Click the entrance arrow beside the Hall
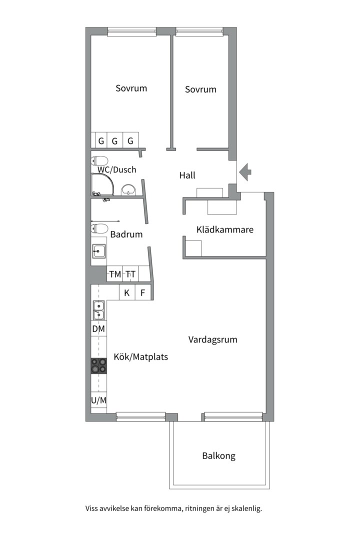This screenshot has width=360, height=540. (x=245, y=172)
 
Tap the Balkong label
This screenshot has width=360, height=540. (x=218, y=456)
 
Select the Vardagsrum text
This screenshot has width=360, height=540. (x=212, y=339)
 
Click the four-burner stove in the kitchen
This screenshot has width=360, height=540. (x=98, y=365)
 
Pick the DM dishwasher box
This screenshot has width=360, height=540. (x=98, y=329)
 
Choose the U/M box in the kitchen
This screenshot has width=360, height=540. (x=98, y=400)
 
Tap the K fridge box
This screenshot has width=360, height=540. (x=127, y=293)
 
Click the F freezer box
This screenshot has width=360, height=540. (x=143, y=293)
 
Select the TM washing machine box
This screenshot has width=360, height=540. (x=115, y=274)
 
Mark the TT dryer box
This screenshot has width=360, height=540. (x=130, y=274)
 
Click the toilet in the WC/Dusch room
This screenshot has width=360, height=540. (x=100, y=161)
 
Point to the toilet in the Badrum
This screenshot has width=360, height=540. (x=99, y=229)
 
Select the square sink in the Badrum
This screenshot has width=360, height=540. (x=99, y=251)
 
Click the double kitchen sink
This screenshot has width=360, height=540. (x=98, y=310)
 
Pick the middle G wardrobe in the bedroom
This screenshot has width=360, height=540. (x=114, y=141)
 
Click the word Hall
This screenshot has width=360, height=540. (x=187, y=175)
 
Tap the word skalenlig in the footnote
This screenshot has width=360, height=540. (x=245, y=509)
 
